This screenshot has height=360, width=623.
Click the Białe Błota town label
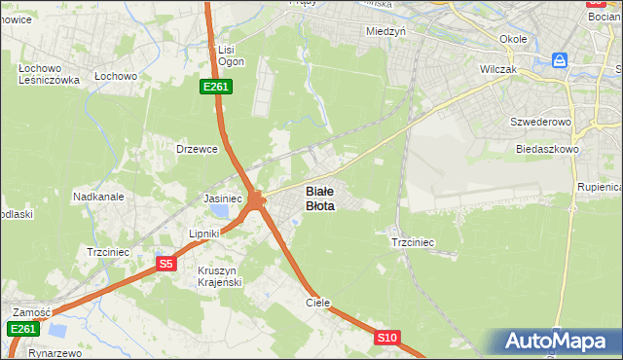[x=321, y=198]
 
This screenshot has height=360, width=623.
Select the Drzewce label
[x=196, y=149]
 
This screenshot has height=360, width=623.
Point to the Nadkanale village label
[x=98, y=197]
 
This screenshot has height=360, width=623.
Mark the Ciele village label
[x=318, y=303]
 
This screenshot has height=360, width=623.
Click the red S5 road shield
[x=165, y=264]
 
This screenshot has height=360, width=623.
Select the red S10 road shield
[x=386, y=338]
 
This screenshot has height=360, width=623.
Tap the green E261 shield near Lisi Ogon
[x=215, y=88]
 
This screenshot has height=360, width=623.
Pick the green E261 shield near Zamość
[x=23, y=329]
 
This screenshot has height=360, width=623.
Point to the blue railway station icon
[x=560, y=60]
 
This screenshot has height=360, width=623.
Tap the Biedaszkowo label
[x=548, y=150]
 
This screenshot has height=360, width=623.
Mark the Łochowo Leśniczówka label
[x=49, y=74]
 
